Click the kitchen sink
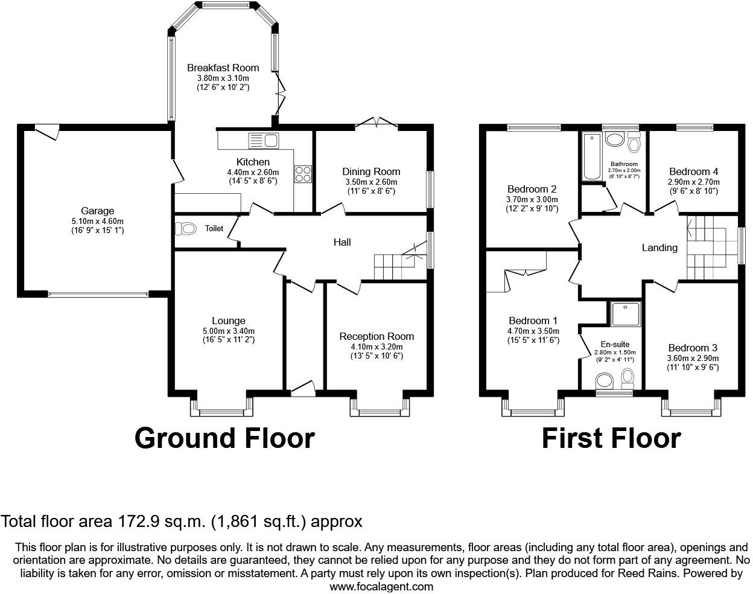tap(264, 141)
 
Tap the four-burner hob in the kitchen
tap(303, 174)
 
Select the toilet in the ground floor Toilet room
tap(185, 229)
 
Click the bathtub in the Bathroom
tap(592, 156)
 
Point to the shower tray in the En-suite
tap(626, 314)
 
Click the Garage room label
tap(97, 211)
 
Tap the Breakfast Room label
tap(223, 68)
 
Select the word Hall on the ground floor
tap(342, 242)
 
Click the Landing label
tap(659, 248)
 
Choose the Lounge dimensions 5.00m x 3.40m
tap(229, 331)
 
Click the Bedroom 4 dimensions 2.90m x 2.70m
tap(693, 182)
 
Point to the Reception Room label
tap(376, 336)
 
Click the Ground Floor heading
tap(224, 438)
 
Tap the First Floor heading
tap(611, 438)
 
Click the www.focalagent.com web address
tap(381, 586)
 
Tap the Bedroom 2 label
tap(532, 189)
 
